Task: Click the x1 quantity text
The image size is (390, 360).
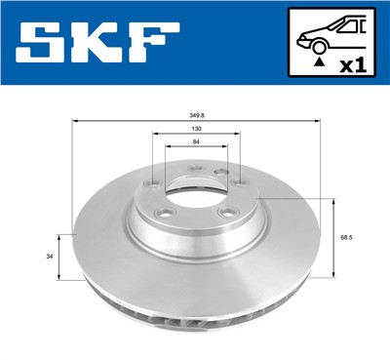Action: pos(351,65)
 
